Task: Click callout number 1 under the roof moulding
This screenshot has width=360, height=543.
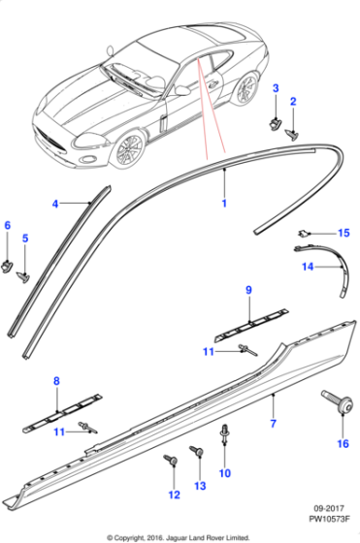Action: click(224, 203)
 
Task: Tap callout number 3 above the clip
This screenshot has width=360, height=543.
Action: click(276, 88)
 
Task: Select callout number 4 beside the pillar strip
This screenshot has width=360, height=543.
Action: click(55, 204)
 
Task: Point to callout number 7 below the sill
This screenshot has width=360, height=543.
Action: click(273, 423)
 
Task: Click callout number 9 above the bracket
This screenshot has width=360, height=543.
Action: click(248, 290)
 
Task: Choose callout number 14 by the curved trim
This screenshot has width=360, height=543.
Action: click(308, 267)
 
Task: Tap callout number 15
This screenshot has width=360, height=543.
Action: click(344, 233)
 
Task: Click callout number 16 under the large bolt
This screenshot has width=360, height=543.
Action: click(344, 444)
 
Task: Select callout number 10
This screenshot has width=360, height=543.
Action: click(225, 473)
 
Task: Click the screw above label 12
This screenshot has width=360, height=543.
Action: click(171, 461)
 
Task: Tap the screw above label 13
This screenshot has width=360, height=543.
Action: click(196, 451)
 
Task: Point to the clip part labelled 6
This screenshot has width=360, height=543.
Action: click(7, 267)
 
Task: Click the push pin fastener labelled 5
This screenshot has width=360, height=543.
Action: click(23, 276)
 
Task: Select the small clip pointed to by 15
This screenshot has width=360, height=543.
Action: click(303, 234)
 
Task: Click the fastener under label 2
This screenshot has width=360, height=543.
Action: click(291, 135)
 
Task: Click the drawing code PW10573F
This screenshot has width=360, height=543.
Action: click(330, 519)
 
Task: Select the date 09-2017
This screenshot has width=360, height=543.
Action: click(329, 509)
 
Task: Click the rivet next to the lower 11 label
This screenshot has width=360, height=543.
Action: click(87, 428)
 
